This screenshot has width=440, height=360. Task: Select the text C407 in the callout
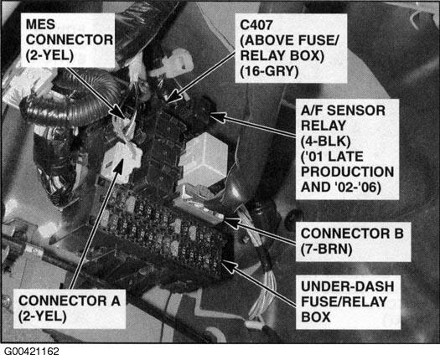click(x=256, y=25)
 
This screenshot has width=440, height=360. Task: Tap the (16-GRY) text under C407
click(x=269, y=71)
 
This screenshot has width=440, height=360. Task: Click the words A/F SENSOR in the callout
click(x=343, y=111)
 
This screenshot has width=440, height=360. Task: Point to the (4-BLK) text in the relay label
click(x=325, y=141)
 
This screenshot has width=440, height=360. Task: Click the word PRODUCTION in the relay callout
click(x=348, y=172)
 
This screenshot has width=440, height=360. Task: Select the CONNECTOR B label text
click(x=352, y=234)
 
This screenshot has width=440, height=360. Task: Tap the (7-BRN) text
click(x=326, y=249)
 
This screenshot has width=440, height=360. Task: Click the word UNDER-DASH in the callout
click(x=348, y=286)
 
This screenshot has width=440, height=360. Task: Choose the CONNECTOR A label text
click(x=70, y=301)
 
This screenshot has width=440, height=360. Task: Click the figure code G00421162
click(x=32, y=352)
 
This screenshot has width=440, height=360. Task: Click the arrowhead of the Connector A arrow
click(x=119, y=166)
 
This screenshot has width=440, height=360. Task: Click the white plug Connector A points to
click(x=122, y=162)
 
